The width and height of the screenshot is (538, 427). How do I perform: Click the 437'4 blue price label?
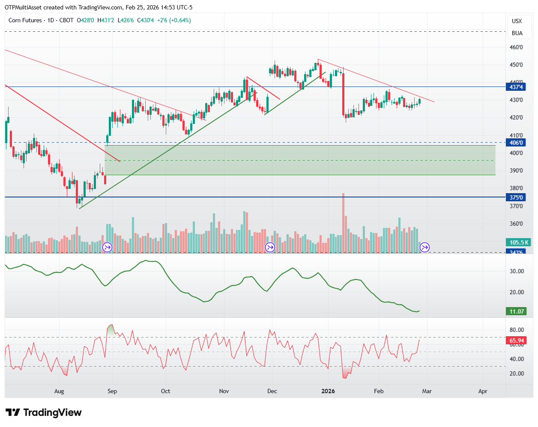pyautogui.click(x=516, y=87)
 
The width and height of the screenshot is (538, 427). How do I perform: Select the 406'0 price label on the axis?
pyautogui.click(x=516, y=143)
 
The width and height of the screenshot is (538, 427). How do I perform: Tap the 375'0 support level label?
pyautogui.click(x=516, y=197)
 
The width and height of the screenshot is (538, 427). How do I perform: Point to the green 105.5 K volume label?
pyautogui.click(x=519, y=242)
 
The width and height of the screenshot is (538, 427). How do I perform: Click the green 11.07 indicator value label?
pyautogui.click(x=517, y=311)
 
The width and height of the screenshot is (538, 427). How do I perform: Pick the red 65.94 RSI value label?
pyautogui.click(x=517, y=341)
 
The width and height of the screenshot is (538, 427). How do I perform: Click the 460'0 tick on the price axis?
pyautogui.click(x=516, y=48)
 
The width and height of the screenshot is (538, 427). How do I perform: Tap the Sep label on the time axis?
pyautogui.click(x=112, y=391)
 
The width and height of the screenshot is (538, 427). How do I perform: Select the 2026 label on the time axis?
pyautogui.click(x=328, y=391)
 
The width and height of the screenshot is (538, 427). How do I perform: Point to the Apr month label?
pyautogui.click(x=483, y=391)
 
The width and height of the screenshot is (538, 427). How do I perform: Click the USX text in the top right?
pyautogui.click(x=517, y=21)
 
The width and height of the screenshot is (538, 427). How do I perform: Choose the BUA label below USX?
pyautogui.click(x=517, y=33)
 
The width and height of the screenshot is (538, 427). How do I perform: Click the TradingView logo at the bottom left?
pyautogui.click(x=44, y=412)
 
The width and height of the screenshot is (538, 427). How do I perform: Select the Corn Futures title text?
pyautogui.click(x=25, y=20)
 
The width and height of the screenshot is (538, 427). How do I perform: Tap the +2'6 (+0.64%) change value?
pyautogui.click(x=174, y=20)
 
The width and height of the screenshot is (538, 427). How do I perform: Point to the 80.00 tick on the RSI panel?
pyautogui.click(x=517, y=330)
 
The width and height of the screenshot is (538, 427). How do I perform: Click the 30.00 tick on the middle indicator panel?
pyautogui.click(x=517, y=271)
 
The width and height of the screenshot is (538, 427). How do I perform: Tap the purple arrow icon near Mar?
pyautogui.click(x=424, y=247)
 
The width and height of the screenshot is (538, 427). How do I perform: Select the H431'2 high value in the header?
pyautogui.click(x=106, y=20)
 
